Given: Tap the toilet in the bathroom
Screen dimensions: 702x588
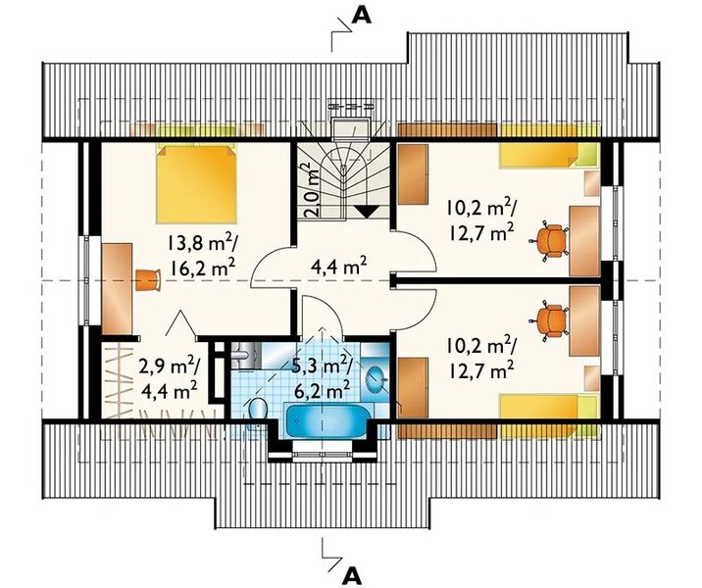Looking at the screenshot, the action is click(x=257, y=411).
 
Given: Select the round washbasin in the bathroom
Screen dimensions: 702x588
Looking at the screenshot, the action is click(x=376, y=378).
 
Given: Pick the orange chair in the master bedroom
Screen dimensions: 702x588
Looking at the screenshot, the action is click(x=148, y=279).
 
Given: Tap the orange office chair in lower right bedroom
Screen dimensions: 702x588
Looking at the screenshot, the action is click(x=550, y=320).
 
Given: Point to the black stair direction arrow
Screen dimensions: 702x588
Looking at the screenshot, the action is click(x=367, y=212).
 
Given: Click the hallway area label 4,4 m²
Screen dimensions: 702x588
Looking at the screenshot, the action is click(x=339, y=269).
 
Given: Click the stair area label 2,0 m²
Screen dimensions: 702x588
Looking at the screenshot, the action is click(x=313, y=189).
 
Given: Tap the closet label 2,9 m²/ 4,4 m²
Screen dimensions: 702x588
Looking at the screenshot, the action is click(x=169, y=378).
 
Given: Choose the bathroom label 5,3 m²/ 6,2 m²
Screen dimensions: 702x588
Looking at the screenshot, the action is click(x=321, y=378).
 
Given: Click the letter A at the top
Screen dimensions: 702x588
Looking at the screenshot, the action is click(x=362, y=16).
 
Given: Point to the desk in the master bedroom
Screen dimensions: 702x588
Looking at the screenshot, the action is click(x=118, y=289).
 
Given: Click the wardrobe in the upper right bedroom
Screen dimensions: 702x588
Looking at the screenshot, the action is click(x=413, y=173).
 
